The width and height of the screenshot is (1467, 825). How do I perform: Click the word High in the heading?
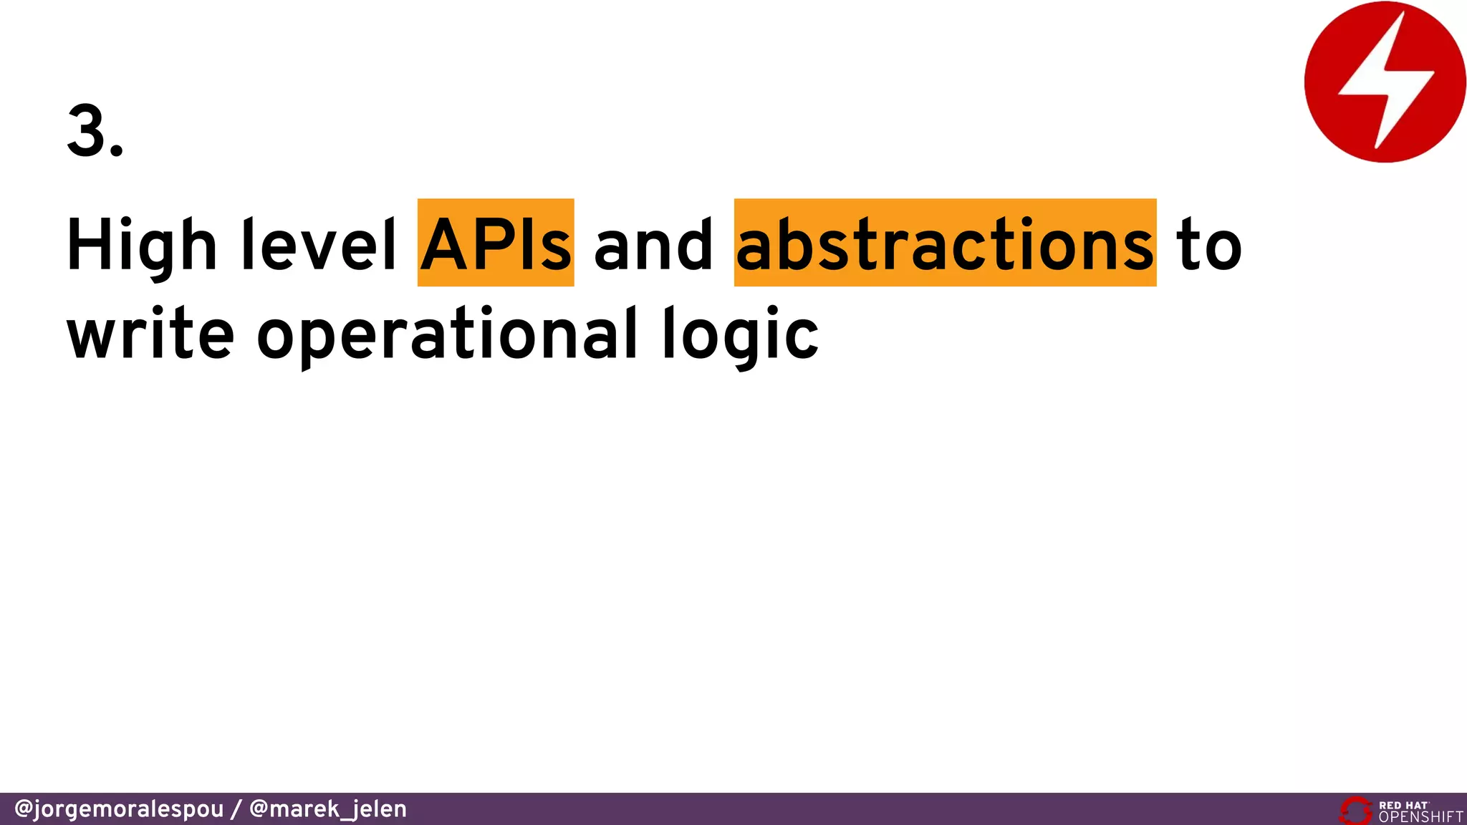point(141,245)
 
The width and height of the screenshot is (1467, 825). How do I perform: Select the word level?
point(319,245)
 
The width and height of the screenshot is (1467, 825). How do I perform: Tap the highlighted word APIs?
point(496,243)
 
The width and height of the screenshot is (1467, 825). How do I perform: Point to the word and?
point(653,245)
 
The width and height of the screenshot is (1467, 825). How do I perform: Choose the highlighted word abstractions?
point(945,243)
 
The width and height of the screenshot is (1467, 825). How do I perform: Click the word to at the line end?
point(1208,245)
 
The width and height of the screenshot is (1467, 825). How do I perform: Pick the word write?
point(150,333)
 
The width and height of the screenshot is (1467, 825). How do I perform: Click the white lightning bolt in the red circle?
point(1386,81)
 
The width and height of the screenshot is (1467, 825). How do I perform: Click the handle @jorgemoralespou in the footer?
point(119,809)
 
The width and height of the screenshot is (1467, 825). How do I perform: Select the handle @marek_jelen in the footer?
point(327,809)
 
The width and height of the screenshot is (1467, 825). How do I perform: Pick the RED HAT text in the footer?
point(1403,805)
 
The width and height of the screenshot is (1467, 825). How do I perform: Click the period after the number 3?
point(117,150)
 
